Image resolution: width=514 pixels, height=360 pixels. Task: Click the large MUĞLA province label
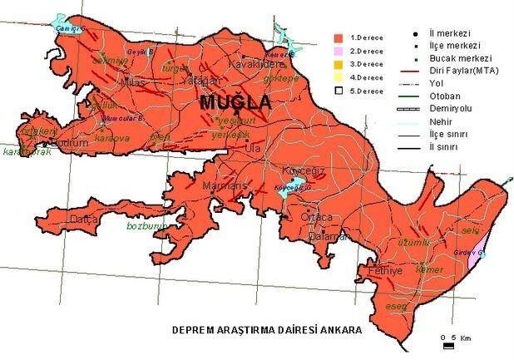tap(235, 102)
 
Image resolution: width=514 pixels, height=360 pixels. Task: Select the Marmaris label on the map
tap(225, 185)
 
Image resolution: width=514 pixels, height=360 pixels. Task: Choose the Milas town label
tap(132, 83)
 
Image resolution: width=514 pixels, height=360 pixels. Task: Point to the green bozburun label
tap(146, 225)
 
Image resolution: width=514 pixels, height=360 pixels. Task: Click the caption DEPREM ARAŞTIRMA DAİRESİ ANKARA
tap(266, 329)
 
